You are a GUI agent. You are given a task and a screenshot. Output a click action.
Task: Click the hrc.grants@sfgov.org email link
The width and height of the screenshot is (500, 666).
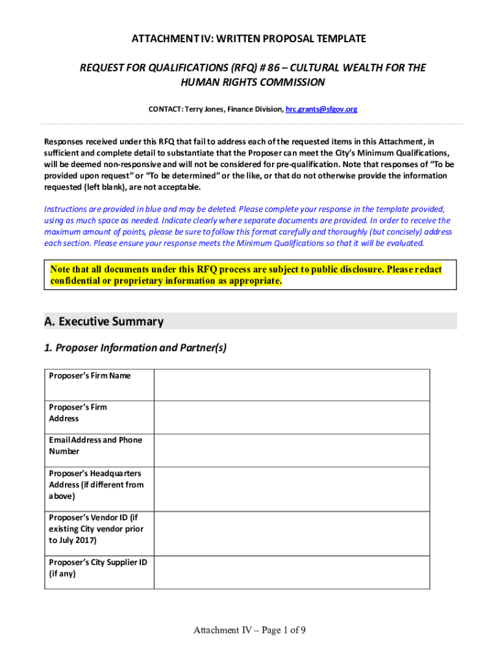[x=321, y=109]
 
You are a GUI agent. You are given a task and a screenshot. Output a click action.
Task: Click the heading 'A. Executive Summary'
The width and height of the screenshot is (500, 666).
[x=104, y=321]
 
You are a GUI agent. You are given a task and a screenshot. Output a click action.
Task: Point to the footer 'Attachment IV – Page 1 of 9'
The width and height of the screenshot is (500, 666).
[x=249, y=630]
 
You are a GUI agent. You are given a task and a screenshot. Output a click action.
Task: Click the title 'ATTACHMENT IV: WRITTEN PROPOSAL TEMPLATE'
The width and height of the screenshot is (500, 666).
[x=249, y=39]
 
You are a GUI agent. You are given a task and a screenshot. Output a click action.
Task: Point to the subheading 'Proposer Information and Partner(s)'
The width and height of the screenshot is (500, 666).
[x=141, y=348]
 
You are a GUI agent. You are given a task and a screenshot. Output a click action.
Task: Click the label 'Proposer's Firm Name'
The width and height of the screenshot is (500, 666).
[x=90, y=376]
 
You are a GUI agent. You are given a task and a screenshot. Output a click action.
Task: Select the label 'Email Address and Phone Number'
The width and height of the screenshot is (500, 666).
[x=95, y=446]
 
